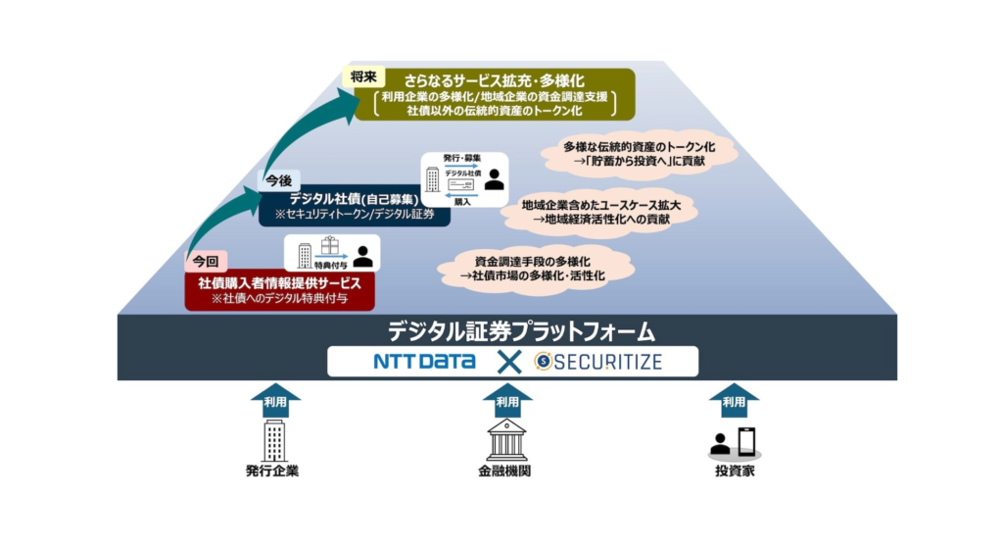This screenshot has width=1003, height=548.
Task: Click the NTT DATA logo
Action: click(424, 362)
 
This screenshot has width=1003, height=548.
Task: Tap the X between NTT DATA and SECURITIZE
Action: click(505, 362)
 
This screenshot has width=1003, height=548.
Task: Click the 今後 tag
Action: click(277, 180)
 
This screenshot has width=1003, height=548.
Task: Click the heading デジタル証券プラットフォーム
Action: click(507, 330)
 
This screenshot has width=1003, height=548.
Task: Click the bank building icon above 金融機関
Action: click(506, 439)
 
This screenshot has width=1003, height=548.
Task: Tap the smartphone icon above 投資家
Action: click(747, 439)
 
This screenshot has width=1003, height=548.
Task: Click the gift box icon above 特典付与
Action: click(329, 245)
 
